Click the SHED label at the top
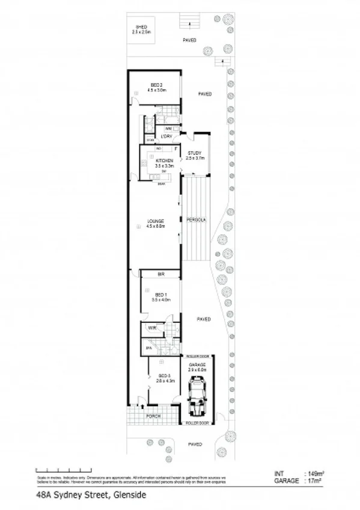(x=141, y=28)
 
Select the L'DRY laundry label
(x=166, y=137)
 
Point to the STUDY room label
(x=194, y=153)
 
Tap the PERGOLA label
(x=197, y=220)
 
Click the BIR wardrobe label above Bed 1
(x=160, y=274)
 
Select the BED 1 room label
(x=160, y=295)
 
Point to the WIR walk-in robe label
(x=152, y=328)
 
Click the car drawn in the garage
(x=197, y=400)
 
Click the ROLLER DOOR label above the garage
(x=197, y=356)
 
